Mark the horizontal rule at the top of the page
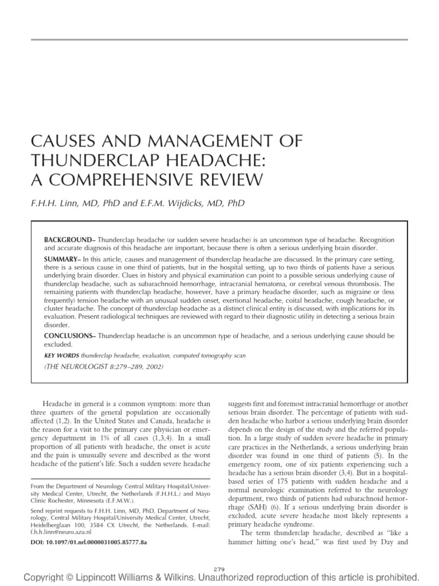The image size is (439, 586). click(219, 39)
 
